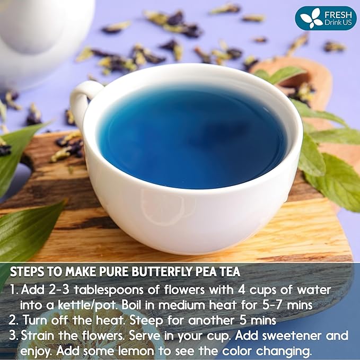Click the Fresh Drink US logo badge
[325, 18]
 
